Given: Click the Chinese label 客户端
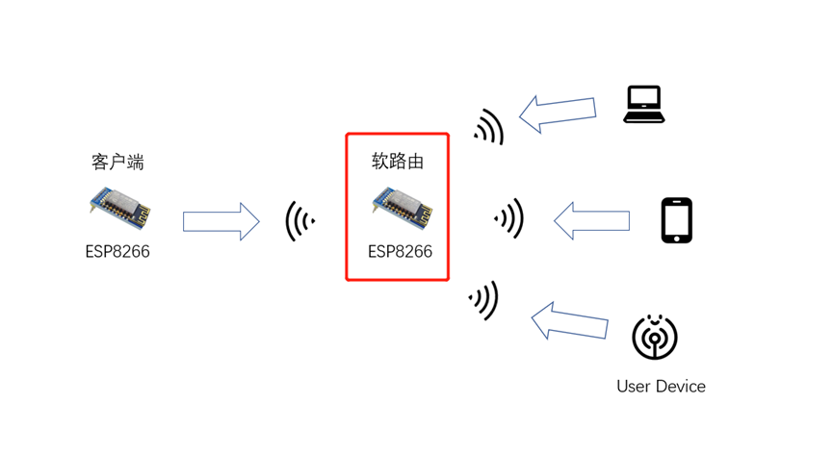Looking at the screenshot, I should tap(118, 162).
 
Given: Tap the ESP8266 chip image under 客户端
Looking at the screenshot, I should tap(117, 209).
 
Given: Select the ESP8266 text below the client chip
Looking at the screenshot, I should tap(117, 252).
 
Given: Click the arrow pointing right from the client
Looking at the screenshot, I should tap(221, 222).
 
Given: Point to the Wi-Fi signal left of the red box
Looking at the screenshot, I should tap(299, 222).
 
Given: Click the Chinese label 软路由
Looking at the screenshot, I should tap(398, 162).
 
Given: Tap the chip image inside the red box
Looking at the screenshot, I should tap(399, 205).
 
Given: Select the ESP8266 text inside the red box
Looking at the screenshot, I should tap(400, 252).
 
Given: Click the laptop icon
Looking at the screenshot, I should tap(643, 104).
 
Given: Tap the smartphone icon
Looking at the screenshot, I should tap(676, 221).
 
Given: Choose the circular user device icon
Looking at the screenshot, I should tap(655, 337).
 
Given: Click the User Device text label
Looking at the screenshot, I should tap(661, 387).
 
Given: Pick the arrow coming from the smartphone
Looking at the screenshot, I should tap(591, 221).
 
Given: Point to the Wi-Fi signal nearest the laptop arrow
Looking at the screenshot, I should tap(490, 126).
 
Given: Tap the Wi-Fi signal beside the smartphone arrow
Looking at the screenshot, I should tap(509, 219).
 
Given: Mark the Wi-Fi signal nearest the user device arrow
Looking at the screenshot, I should tap(484, 300).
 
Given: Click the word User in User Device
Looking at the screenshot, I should tap(635, 387).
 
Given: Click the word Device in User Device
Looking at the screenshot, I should tap(681, 387).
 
